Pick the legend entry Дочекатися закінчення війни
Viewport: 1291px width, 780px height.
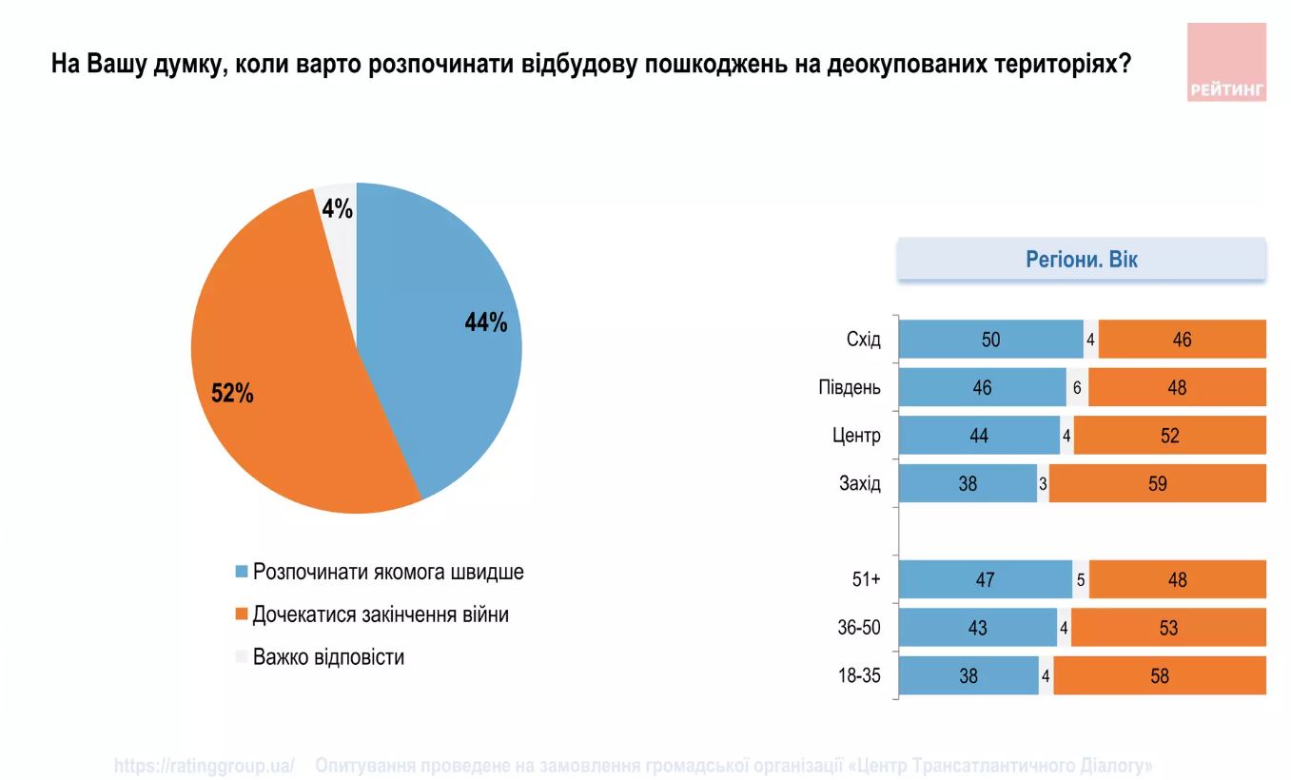pyautogui.click(x=380, y=614)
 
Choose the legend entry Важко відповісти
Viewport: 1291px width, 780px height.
pyautogui.click(x=327, y=657)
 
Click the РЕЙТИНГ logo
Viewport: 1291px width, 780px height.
pyautogui.click(x=1226, y=62)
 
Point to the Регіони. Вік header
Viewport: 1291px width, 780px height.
pyautogui.click(x=1081, y=260)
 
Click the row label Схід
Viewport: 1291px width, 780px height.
pyautogui.click(x=863, y=340)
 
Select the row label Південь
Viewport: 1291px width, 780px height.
pyautogui.click(x=849, y=388)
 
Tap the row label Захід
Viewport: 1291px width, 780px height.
pyautogui.click(x=859, y=483)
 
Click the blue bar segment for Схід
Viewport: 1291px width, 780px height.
pyautogui.click(x=990, y=340)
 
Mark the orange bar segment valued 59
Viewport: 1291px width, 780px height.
pyautogui.click(x=1157, y=483)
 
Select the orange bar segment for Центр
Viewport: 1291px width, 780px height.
pyautogui.click(x=1169, y=436)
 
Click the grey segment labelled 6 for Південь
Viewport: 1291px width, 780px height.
pyautogui.click(x=1077, y=388)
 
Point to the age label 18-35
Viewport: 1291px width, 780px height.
pyautogui.click(x=860, y=676)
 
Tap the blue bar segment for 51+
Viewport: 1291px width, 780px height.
pyautogui.click(x=985, y=580)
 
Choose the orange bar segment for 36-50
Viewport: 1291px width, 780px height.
pyautogui.click(x=1167, y=628)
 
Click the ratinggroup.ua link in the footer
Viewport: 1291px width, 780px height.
pyautogui.click(x=204, y=766)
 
